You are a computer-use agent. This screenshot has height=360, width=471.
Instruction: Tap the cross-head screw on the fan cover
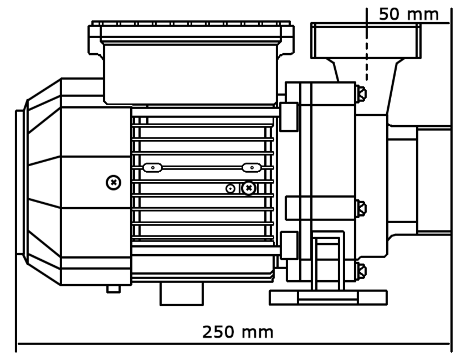(114, 182)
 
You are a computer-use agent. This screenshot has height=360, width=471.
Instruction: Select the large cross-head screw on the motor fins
(249, 188)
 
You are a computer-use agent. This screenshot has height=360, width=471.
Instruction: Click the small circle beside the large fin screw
(231, 188)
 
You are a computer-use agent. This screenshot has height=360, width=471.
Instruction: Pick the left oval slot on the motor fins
(152, 167)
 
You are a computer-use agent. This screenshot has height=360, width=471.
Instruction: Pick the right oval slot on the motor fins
(252, 167)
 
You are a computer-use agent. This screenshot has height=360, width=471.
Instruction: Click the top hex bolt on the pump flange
(361, 93)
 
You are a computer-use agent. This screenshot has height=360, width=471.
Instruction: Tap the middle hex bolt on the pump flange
(361, 208)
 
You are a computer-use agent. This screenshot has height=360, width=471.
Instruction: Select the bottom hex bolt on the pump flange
(361, 271)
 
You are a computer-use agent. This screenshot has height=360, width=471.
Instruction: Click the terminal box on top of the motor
(190, 72)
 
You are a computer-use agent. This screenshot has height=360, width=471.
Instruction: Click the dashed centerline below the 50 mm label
(366, 61)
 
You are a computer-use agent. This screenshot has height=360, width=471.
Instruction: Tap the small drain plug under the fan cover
(114, 289)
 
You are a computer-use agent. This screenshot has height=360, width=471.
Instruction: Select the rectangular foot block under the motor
(182, 294)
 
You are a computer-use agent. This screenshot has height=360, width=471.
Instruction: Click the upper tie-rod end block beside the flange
(288, 117)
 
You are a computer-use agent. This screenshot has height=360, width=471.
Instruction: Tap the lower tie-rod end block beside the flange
(288, 245)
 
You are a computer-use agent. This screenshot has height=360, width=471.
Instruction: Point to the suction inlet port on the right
(434, 180)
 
